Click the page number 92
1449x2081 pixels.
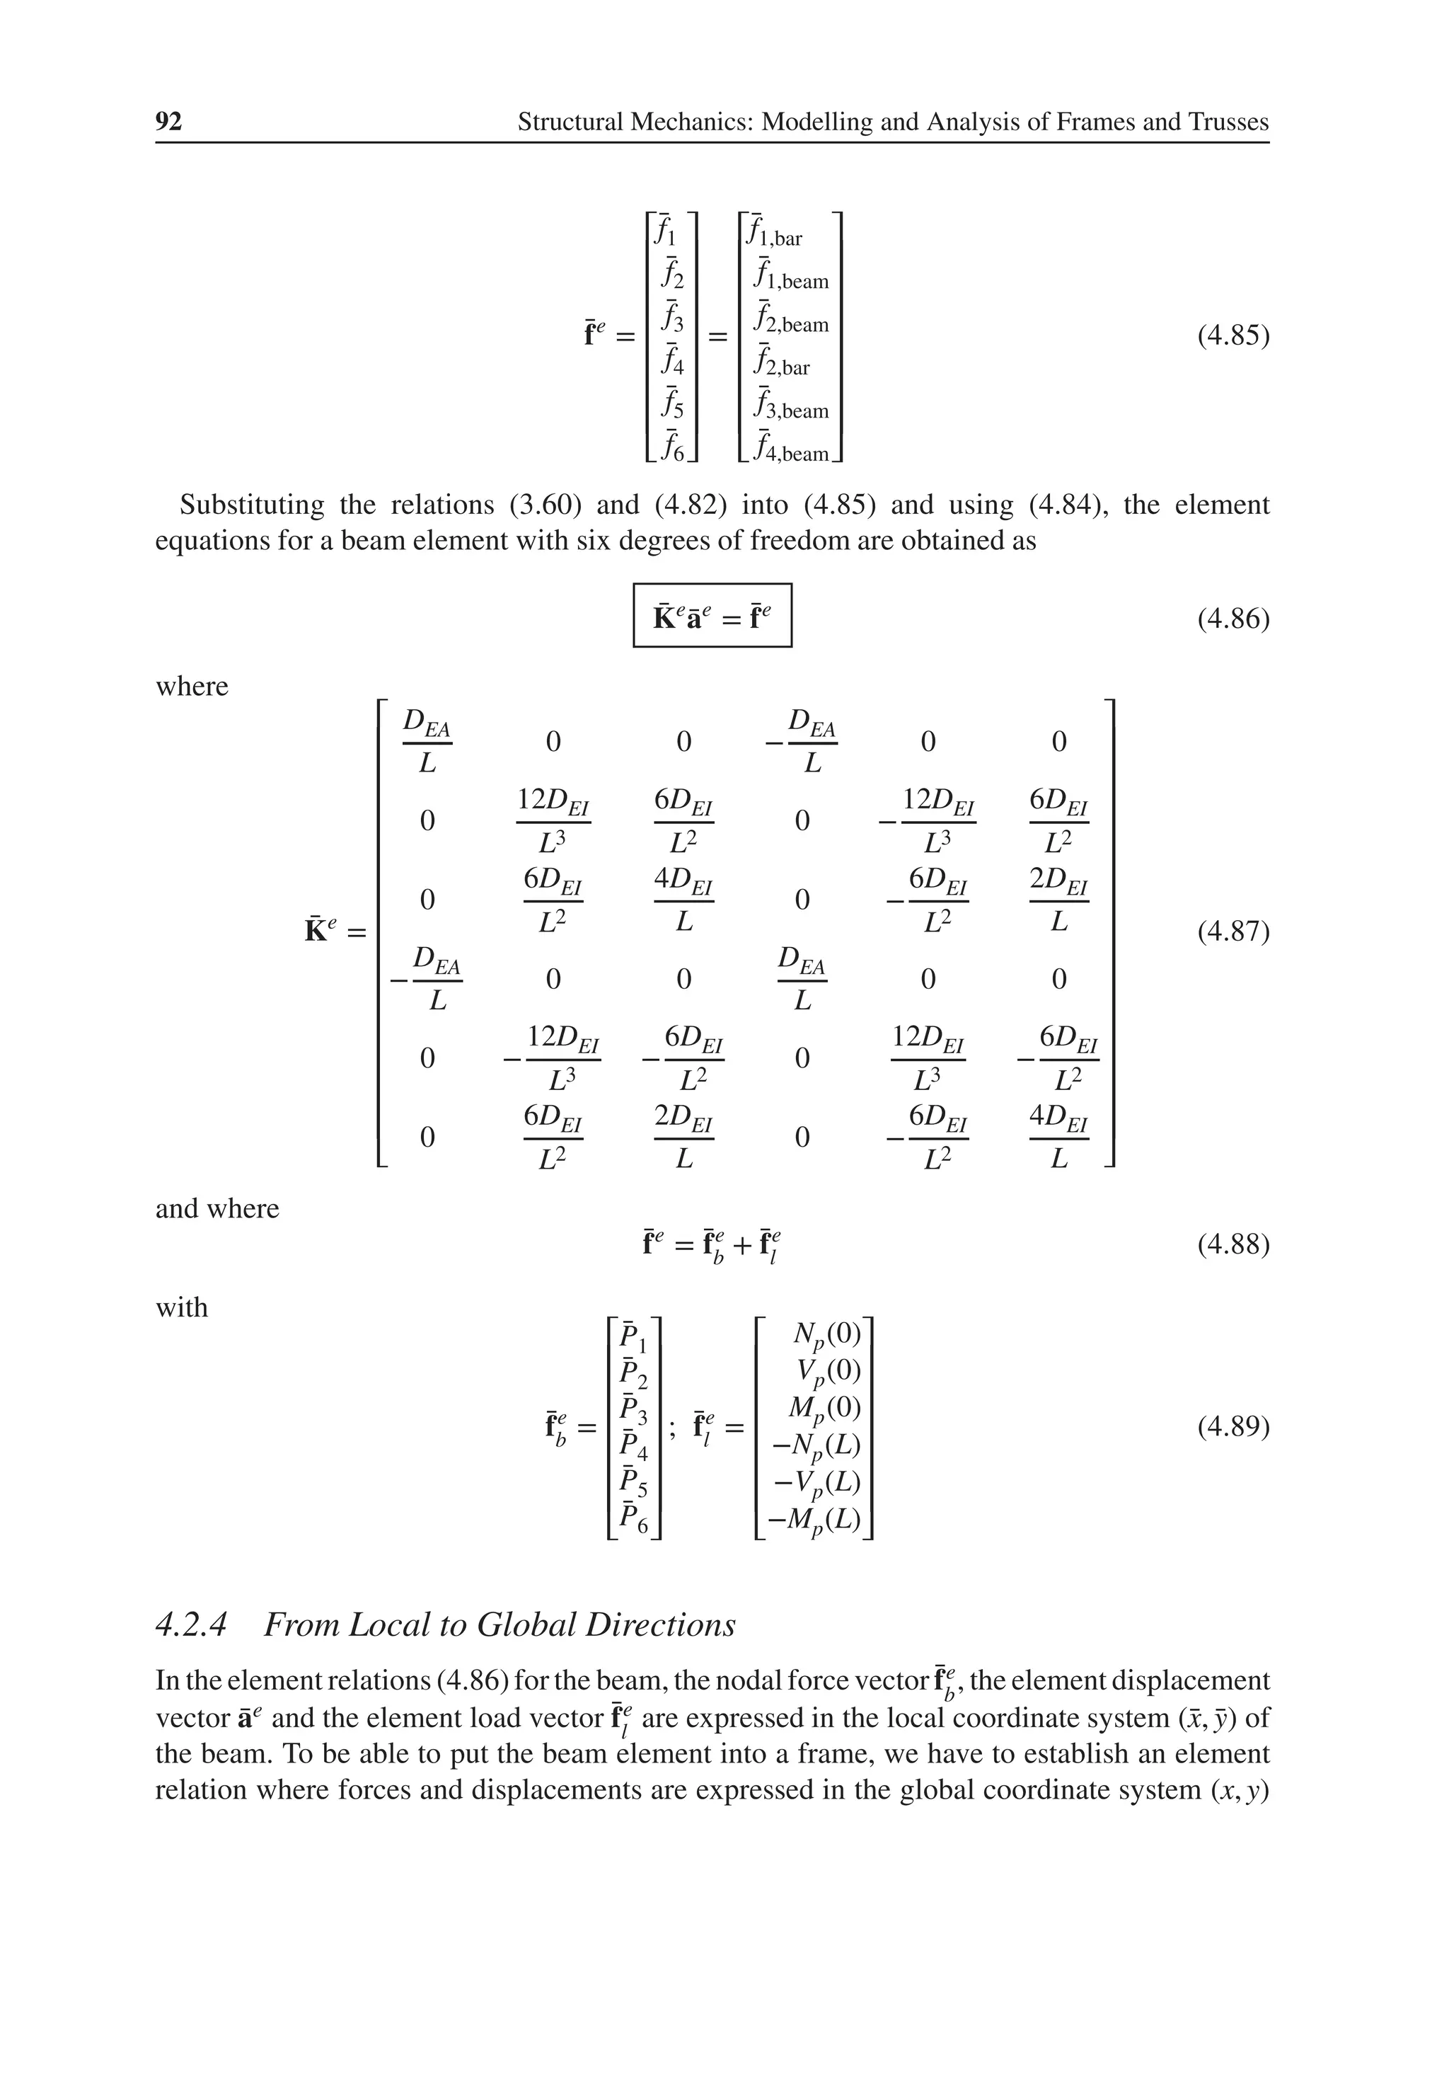(x=168, y=122)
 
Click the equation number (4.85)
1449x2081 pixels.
(x=1232, y=336)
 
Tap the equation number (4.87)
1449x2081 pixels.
(x=1232, y=931)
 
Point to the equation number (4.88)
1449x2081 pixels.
(x=1232, y=1244)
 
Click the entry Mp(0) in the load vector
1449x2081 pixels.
(x=824, y=1409)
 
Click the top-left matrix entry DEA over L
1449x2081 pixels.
(x=427, y=741)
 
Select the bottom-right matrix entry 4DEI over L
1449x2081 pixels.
(x=1058, y=1137)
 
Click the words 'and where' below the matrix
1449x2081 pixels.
(x=217, y=1208)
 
